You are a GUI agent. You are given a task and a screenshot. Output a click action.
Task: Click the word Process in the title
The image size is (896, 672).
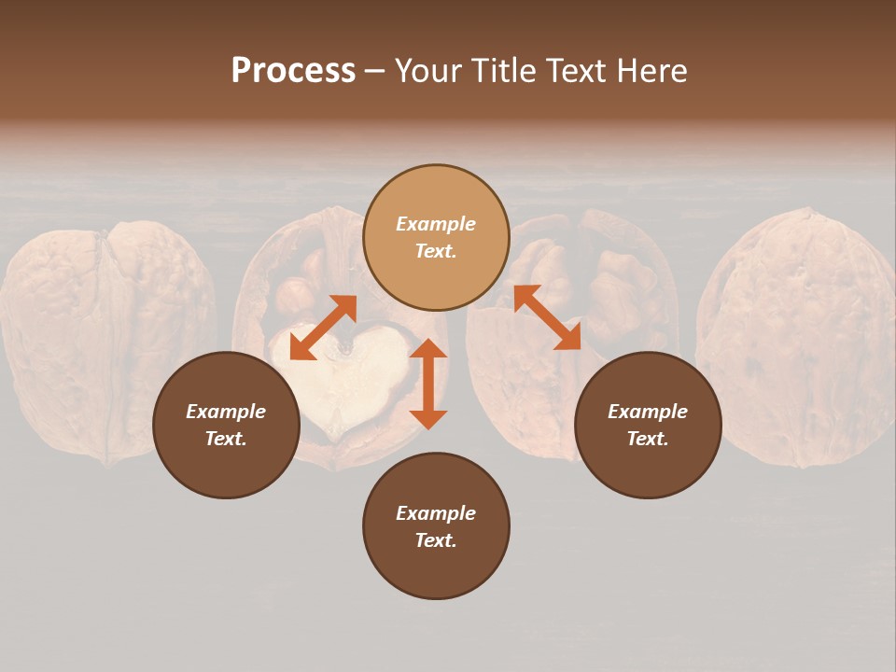coord(293,71)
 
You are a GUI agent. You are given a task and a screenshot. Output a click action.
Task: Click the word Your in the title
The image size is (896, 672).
coord(430,71)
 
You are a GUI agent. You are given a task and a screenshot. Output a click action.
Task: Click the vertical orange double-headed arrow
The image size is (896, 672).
coord(428,385)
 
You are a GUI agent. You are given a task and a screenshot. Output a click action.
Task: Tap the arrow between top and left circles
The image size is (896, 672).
coord(323,328)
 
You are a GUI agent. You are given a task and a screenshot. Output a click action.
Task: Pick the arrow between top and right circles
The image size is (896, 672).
coord(547,318)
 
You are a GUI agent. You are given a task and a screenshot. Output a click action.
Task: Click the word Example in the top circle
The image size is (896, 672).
coord(436,224)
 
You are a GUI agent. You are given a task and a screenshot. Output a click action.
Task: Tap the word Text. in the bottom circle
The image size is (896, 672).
coord(436,540)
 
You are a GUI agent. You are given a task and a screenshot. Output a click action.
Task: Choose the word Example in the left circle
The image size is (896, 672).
coord(226,412)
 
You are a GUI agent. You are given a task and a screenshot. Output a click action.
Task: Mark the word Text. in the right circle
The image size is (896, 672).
coord(648,439)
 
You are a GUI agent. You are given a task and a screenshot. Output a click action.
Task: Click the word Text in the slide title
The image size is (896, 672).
coord(575,71)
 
